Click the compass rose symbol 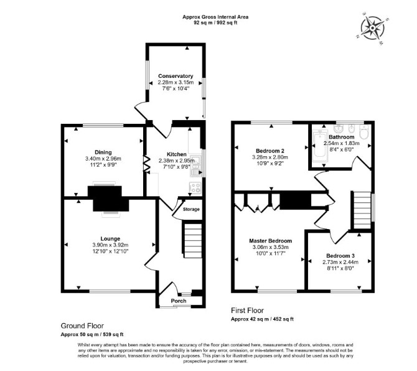coord(373,28)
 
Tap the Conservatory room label coord(176,76)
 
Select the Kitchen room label coord(177,154)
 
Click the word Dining coord(103,153)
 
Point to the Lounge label coord(110,239)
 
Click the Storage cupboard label coord(191,209)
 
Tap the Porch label coord(179,301)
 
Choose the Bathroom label coord(342,137)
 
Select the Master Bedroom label coord(271,241)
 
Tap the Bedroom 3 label coord(340,256)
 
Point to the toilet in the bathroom coord(363,131)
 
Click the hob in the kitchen coord(195,188)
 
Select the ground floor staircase coord(192,241)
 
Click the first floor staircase coord(362,210)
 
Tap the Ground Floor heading coord(82,326)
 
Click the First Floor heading coord(247,311)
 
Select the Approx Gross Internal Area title coord(215,17)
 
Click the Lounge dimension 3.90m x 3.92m coord(110,245)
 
